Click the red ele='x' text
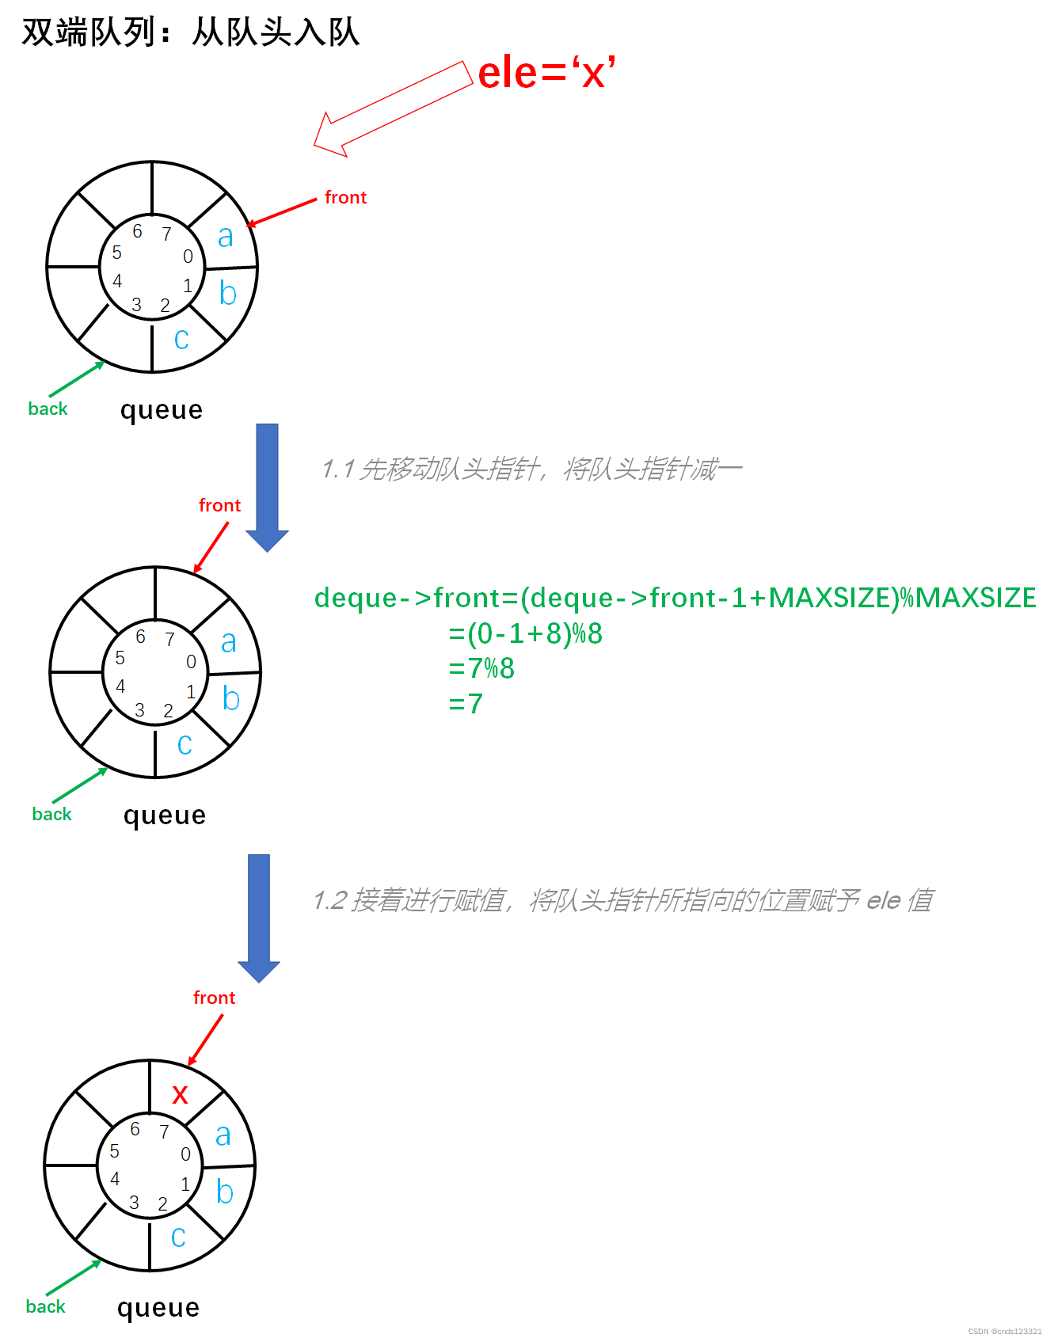tap(546, 73)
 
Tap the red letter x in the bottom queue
tap(181, 1094)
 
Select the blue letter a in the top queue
tap(226, 236)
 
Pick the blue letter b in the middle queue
tap(230, 698)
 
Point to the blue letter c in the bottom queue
tap(179, 1237)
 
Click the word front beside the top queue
tap(345, 197)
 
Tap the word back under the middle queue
tap(51, 814)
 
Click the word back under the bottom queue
tap(45, 1306)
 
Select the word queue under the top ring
tap(162, 409)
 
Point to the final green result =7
tap(466, 703)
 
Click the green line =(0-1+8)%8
tap(525, 633)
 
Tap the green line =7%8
tap(481, 668)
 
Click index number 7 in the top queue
tap(166, 234)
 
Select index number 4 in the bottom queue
tap(115, 1179)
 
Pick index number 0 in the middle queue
tap(191, 662)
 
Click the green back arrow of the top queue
tap(76, 379)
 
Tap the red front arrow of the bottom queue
tap(206, 1040)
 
